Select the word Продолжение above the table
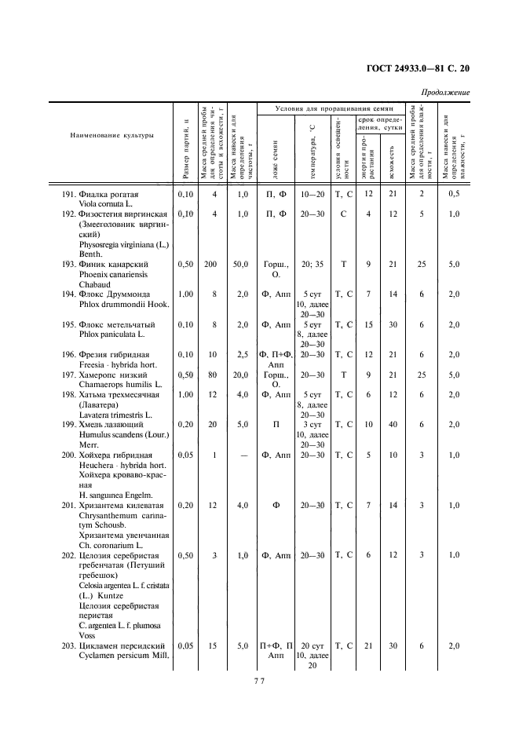point(444,93)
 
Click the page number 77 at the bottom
point(260,681)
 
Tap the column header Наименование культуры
point(111,135)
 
